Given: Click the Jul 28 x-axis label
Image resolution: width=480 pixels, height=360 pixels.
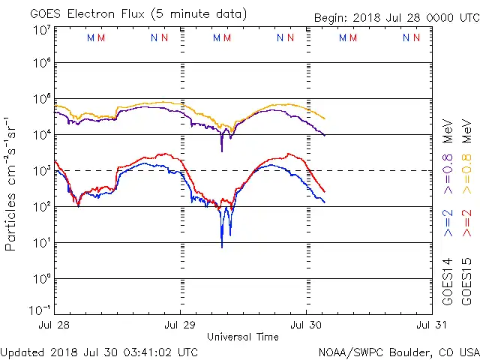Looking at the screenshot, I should [x=55, y=325].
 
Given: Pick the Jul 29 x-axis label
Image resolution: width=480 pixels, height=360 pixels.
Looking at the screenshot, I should [x=181, y=325].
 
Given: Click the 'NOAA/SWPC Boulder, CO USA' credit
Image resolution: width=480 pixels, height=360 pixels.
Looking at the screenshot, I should [x=398, y=351].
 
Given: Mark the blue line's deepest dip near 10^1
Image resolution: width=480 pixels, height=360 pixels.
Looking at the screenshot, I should [x=221, y=245].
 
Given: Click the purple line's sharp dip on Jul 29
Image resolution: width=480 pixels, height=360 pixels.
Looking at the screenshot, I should [x=221, y=150].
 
